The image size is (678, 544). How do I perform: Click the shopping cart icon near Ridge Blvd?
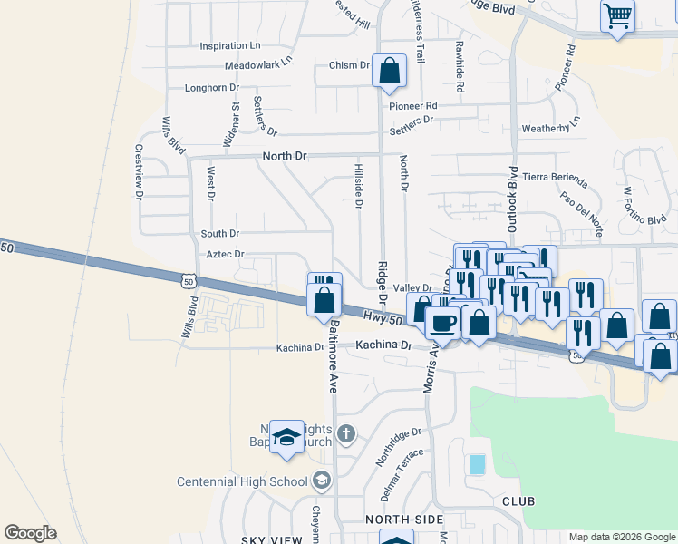tap(617, 15)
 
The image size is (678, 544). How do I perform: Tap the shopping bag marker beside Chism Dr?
tap(389, 72)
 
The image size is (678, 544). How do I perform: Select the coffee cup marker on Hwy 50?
tap(442, 322)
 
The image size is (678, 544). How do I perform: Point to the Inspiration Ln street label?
tap(230, 45)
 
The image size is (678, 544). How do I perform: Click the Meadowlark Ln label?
tap(259, 63)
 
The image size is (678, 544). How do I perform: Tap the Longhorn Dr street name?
tap(211, 88)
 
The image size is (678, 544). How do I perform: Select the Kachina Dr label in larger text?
tap(383, 345)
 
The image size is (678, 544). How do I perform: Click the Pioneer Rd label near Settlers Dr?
tap(412, 106)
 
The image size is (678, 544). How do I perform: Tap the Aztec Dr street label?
tap(226, 255)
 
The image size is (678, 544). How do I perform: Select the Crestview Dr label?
tap(140, 171)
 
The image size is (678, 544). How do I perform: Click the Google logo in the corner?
tap(30, 533)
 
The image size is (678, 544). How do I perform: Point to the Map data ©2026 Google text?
tap(622, 537)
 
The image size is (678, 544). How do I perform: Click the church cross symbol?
tap(345, 433)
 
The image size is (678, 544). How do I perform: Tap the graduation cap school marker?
tap(286, 437)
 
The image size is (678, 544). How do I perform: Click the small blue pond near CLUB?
tap(477, 465)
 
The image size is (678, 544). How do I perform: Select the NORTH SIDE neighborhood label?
tap(404, 520)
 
